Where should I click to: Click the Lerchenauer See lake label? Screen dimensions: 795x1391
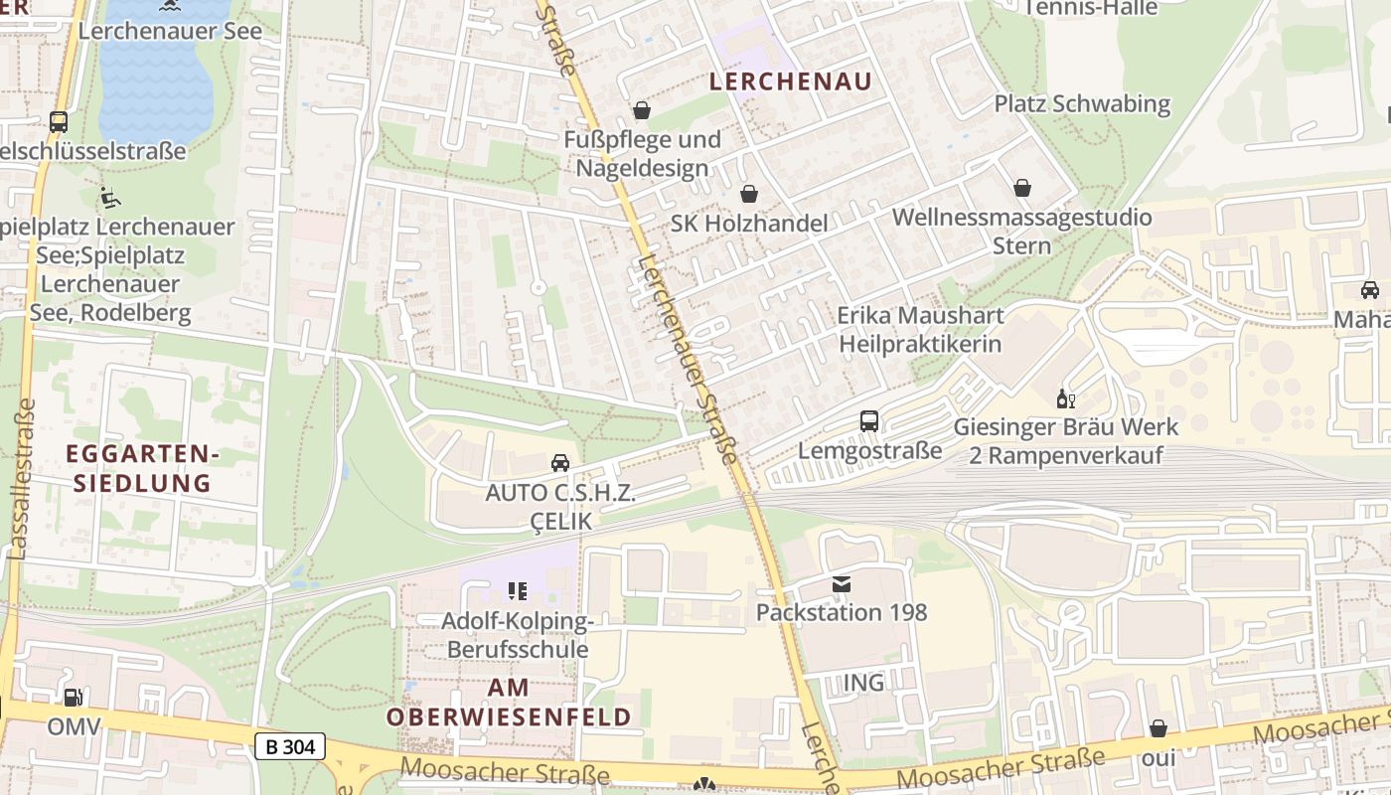click(x=170, y=31)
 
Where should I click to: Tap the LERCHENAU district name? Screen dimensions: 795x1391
click(x=791, y=81)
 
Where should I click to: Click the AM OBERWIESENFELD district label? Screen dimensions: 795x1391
click(x=509, y=702)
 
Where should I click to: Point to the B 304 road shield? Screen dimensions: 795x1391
click(x=289, y=746)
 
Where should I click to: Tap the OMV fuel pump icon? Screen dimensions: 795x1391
click(x=73, y=699)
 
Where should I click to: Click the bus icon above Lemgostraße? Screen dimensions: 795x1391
click(x=869, y=421)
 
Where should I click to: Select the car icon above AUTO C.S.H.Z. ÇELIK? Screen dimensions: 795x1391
click(x=560, y=463)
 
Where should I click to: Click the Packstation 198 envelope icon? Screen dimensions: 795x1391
click(x=842, y=584)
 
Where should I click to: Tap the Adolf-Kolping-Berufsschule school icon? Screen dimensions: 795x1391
click(x=517, y=592)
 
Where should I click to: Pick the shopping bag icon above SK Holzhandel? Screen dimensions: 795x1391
click(x=748, y=194)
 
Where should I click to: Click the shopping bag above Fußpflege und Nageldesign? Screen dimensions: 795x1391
click(x=642, y=109)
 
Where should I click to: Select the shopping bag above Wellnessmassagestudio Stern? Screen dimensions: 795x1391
click(x=1022, y=187)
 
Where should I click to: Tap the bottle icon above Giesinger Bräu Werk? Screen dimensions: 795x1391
click(x=1065, y=398)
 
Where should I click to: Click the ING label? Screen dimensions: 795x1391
click(x=862, y=683)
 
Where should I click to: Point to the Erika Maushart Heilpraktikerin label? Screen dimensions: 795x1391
click(x=920, y=330)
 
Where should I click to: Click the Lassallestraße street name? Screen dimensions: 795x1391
click(x=22, y=479)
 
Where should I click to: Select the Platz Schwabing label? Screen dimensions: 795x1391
click(x=1082, y=103)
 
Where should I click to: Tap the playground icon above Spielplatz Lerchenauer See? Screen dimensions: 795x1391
click(x=110, y=198)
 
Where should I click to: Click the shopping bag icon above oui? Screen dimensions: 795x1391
click(x=1158, y=729)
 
